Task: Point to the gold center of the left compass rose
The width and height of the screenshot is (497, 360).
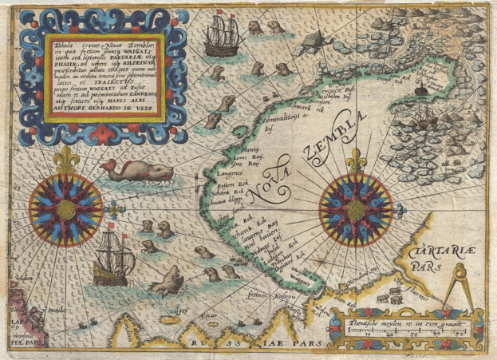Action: point(65,208)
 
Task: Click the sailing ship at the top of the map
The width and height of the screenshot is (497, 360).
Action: point(219,38)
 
